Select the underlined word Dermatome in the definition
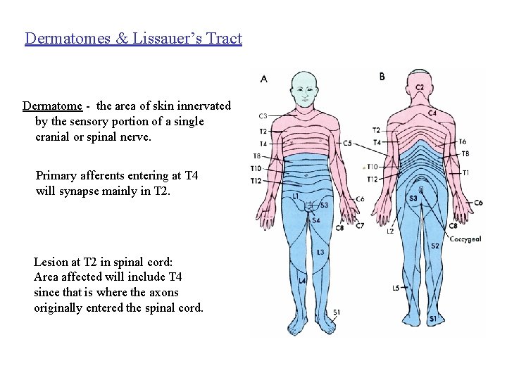point(52,106)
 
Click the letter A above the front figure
point(263,79)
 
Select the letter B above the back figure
point(382,76)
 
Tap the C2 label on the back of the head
point(420,87)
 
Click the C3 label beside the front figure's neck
point(263,116)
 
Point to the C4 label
point(431,113)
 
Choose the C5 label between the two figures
point(346,143)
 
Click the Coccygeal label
point(465,239)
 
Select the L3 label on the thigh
point(320,251)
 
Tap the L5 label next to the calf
point(396,288)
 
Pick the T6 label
point(463,141)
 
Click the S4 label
point(316,220)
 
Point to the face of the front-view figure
point(305,89)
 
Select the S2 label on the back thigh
point(435,246)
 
